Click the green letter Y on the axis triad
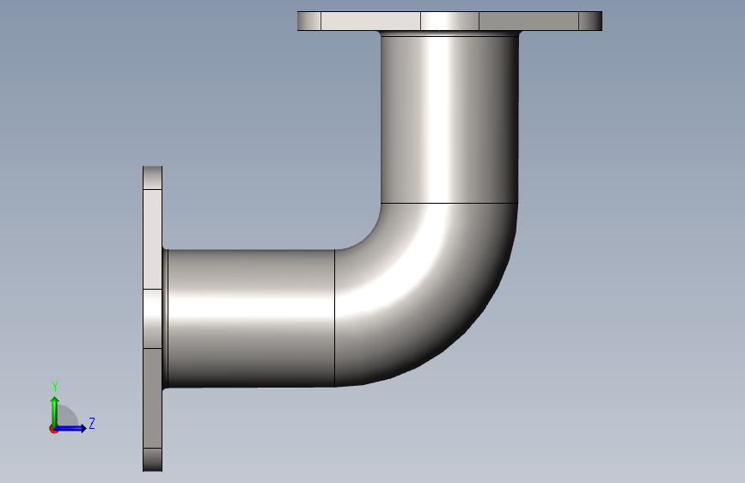pos(55,387)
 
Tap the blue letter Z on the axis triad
pos(92,423)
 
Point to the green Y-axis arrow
pos(55,412)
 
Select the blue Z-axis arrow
pos(70,428)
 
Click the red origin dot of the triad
pos(53,430)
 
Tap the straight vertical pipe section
pos(449,119)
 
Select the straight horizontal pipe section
pos(252,318)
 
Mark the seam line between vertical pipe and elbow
pos(449,204)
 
